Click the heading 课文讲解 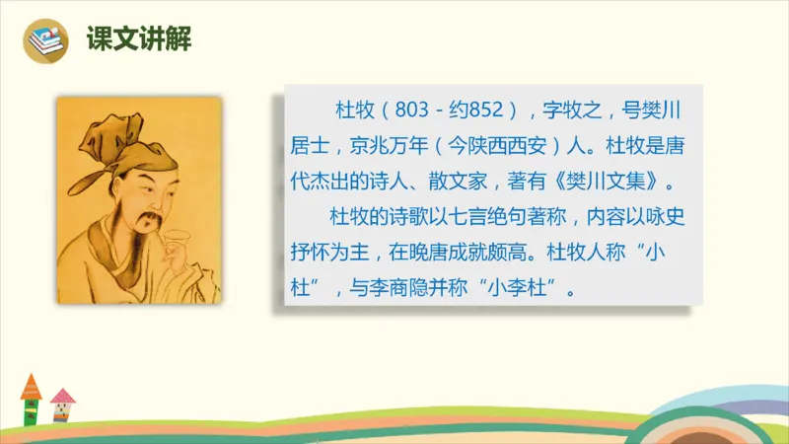[138, 39]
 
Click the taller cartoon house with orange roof [31, 399]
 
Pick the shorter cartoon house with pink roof [63, 405]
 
